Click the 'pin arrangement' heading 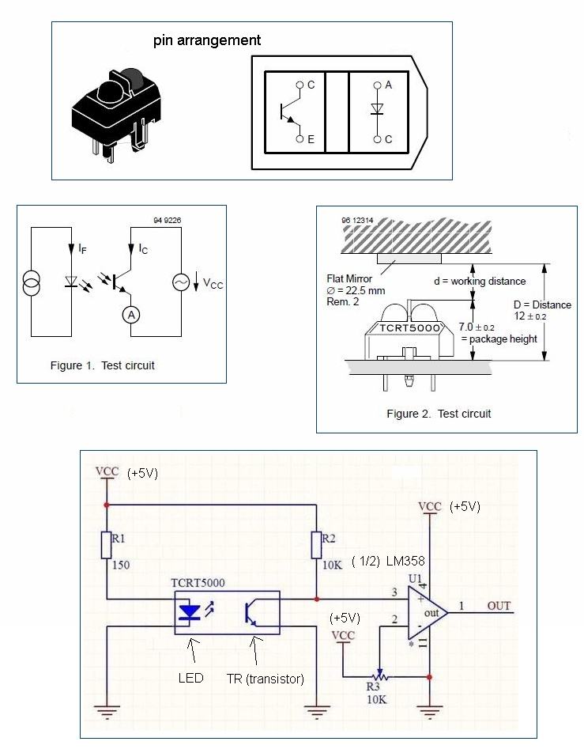(206, 40)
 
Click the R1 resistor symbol (106, 545)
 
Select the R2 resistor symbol (316, 545)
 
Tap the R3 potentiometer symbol (380, 675)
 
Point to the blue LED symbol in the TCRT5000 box (189, 612)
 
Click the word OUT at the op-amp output (499, 606)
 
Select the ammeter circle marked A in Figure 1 (131, 315)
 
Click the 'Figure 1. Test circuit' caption (103, 365)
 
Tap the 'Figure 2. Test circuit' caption (439, 414)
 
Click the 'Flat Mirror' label (349, 278)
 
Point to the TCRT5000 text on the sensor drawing (409, 327)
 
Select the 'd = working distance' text (480, 282)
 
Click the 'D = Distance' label (542, 305)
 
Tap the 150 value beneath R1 (121, 565)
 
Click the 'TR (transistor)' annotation (266, 679)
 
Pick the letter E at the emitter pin (311, 139)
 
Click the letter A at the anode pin (388, 85)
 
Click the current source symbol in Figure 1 (32, 282)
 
